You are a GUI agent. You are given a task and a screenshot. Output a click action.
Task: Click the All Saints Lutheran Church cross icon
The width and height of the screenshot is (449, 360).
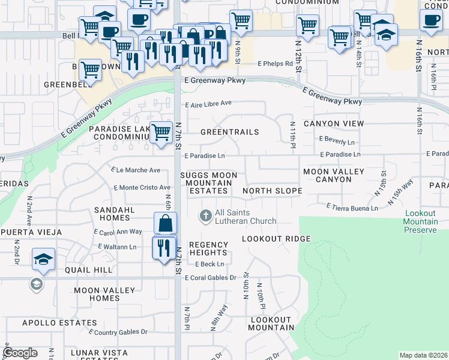(x=205, y=215)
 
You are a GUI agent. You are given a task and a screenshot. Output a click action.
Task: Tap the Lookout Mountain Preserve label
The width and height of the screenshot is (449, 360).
(x=420, y=221)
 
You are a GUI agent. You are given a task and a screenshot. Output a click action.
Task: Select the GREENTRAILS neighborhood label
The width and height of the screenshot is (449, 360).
(x=229, y=132)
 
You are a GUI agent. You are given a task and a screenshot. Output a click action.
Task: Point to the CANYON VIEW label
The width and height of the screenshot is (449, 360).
(x=334, y=124)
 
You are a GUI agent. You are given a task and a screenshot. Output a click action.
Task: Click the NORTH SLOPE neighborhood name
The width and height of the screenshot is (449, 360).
(x=271, y=191)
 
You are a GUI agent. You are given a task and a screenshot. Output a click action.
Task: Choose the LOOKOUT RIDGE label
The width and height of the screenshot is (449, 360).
(x=271, y=239)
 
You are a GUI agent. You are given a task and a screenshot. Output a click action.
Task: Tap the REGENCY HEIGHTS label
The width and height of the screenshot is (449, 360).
(x=208, y=249)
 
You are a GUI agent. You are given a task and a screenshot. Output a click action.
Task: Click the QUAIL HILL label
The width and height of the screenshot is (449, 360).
(x=89, y=271)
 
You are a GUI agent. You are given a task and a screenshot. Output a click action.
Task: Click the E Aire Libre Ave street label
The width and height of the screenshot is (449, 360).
(x=208, y=104)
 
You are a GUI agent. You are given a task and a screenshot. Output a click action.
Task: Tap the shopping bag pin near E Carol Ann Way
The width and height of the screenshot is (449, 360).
(x=165, y=223)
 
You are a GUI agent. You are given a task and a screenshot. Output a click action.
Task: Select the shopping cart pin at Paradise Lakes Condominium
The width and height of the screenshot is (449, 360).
(x=161, y=131)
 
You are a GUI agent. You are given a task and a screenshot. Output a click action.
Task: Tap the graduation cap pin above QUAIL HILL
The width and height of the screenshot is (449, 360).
(x=44, y=259)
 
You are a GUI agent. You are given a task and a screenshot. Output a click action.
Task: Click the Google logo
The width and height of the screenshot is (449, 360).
(x=20, y=353)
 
